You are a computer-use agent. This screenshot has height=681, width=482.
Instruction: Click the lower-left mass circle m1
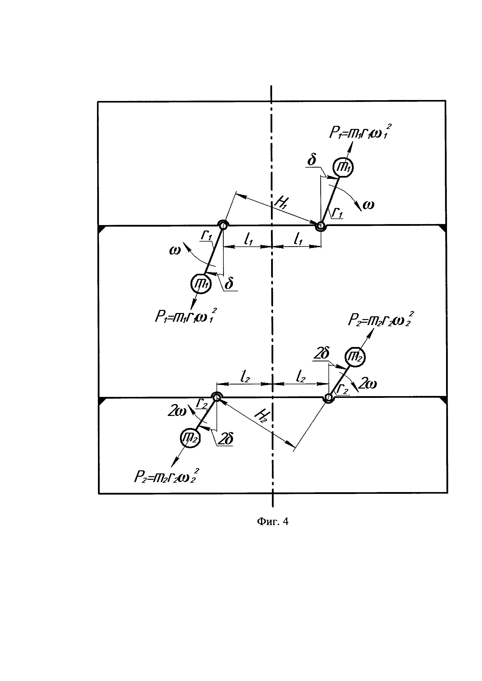[201, 284]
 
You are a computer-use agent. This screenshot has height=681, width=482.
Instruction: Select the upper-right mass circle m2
[355, 357]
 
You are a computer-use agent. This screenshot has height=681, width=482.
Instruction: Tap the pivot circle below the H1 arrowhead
[320, 226]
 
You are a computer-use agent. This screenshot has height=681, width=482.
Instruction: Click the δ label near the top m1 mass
[312, 160]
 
